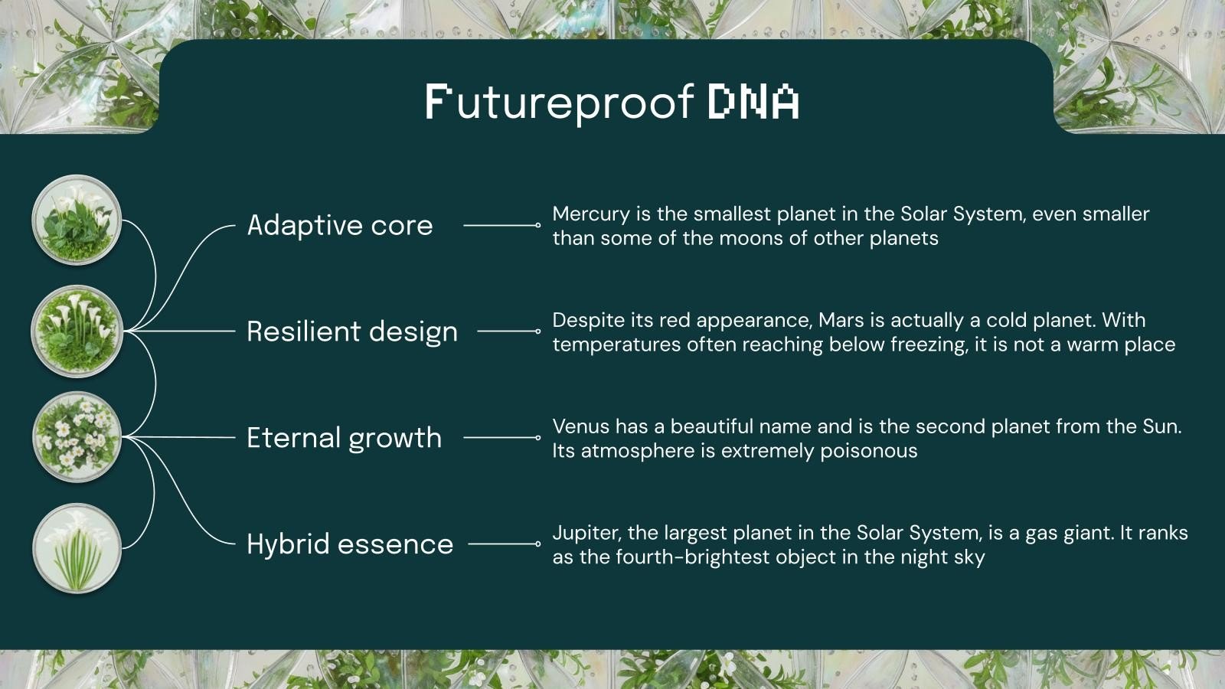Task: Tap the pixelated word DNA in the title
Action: (x=753, y=102)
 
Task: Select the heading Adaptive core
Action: (x=340, y=225)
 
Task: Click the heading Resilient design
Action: (x=352, y=331)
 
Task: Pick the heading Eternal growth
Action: (x=344, y=438)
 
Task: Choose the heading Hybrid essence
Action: (x=350, y=544)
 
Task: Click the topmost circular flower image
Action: (x=77, y=220)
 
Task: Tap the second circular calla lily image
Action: (x=77, y=331)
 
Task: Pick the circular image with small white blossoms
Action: (x=77, y=437)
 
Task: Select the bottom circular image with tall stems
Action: (x=77, y=548)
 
